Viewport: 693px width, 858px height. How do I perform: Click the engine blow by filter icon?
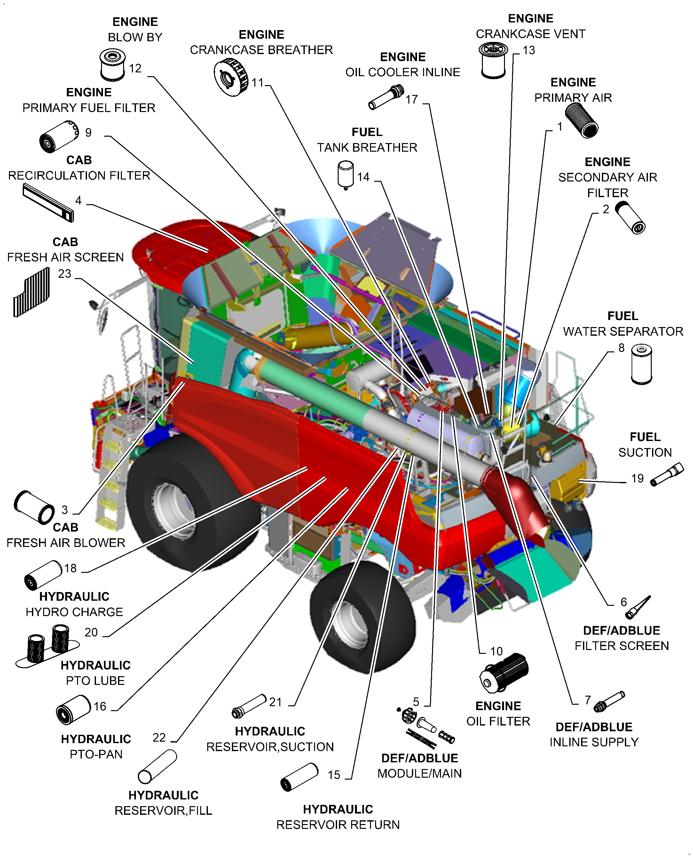[112, 64]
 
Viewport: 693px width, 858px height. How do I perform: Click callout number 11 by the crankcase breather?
[257, 83]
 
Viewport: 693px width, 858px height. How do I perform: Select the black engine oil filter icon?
[504, 673]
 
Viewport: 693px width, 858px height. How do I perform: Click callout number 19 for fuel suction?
[637, 478]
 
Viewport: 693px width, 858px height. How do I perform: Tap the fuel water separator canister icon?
[641, 364]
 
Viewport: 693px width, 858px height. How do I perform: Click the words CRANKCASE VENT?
[530, 34]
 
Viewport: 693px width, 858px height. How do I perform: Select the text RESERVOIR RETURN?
[338, 824]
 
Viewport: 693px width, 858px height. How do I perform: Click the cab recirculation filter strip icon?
[48, 203]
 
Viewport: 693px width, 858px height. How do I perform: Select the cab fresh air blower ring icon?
[34, 507]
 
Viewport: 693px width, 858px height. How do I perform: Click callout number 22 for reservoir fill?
[159, 737]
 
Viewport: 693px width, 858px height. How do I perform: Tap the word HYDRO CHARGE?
[74, 612]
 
